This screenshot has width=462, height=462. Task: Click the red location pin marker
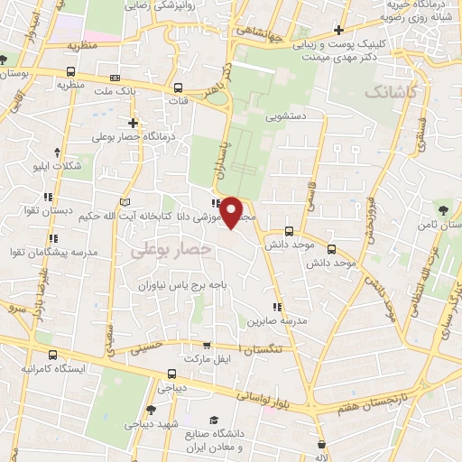tap(232, 212)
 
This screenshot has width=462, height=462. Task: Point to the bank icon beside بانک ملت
tap(114, 78)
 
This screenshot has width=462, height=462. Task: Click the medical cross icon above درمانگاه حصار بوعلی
tap(134, 123)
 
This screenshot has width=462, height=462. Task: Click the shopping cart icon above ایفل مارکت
tap(208, 345)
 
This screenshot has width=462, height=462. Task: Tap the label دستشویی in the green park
tap(287, 116)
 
